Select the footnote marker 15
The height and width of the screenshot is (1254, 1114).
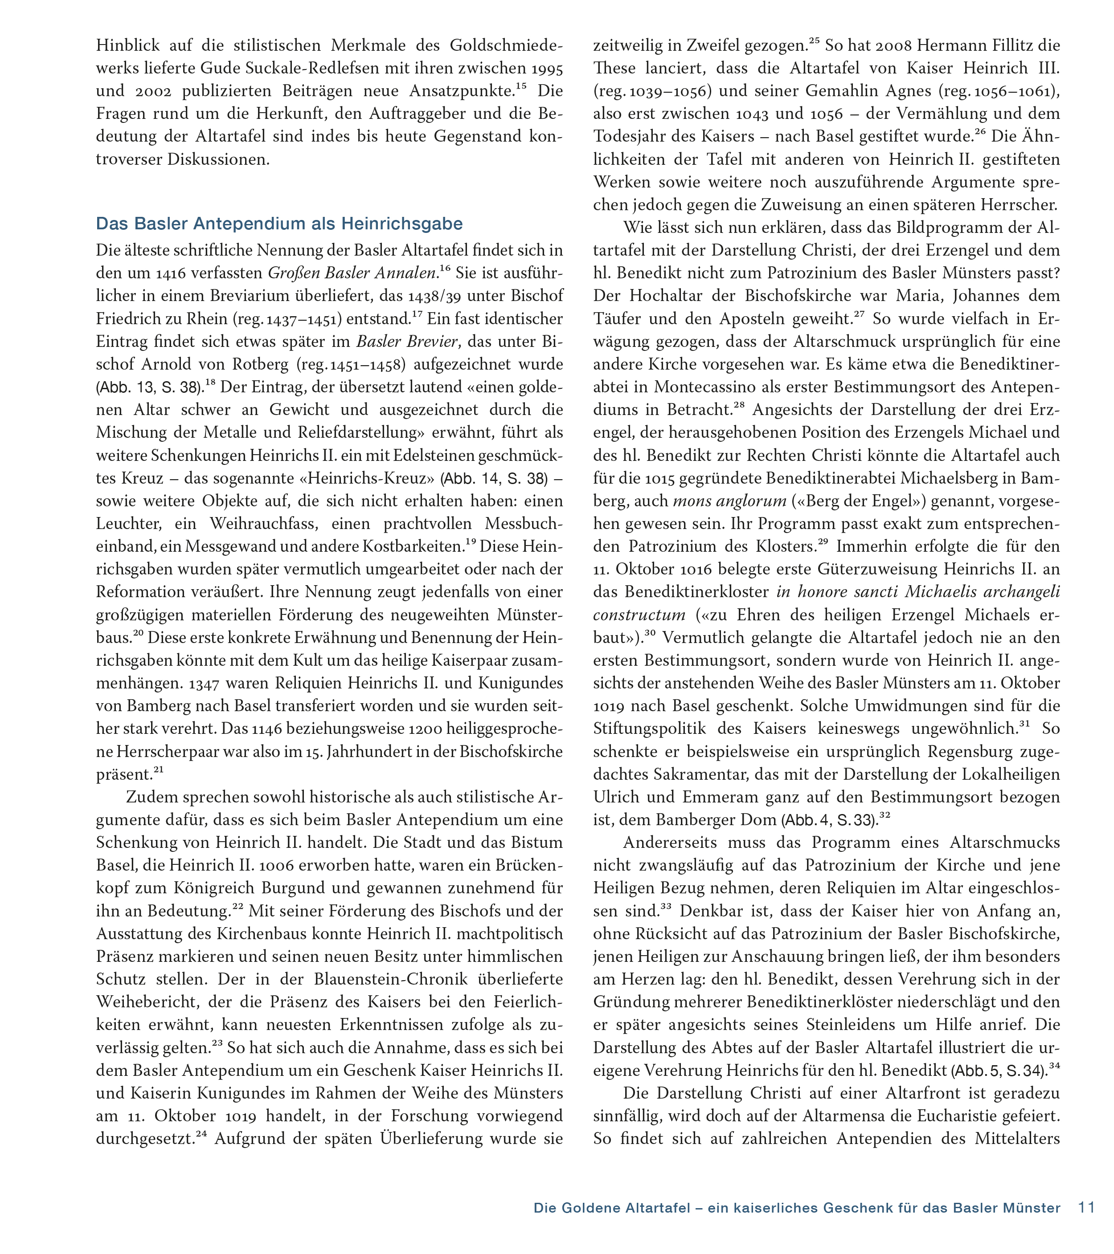point(521,86)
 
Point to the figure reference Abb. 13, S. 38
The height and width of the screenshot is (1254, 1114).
point(150,388)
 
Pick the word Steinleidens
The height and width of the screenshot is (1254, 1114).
point(855,1025)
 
